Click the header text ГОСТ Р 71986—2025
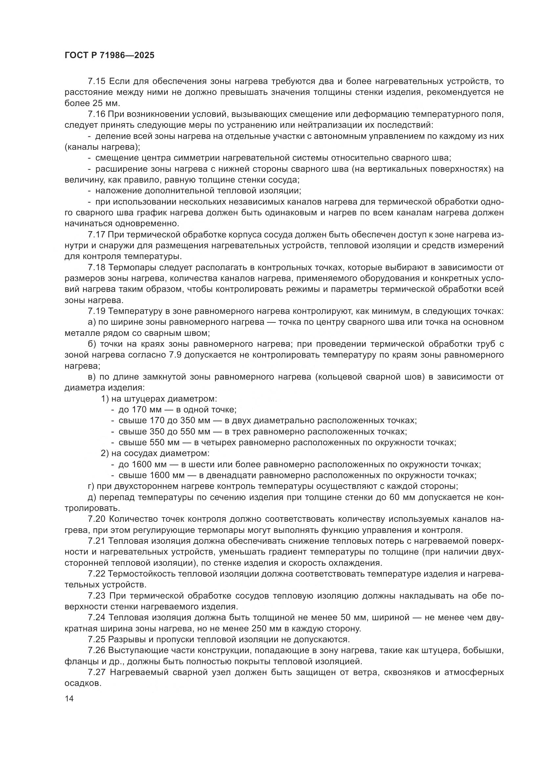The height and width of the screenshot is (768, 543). point(109,55)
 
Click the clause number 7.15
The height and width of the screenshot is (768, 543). point(97,81)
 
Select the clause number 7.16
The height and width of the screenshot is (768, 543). point(97,114)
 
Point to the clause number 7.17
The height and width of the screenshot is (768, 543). point(97,235)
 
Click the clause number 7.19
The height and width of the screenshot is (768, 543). point(97,311)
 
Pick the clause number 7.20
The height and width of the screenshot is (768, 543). point(97,519)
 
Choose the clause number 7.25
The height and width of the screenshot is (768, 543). point(97,640)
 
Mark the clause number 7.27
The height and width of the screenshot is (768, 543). point(97,672)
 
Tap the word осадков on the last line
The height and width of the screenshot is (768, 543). point(83,683)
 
